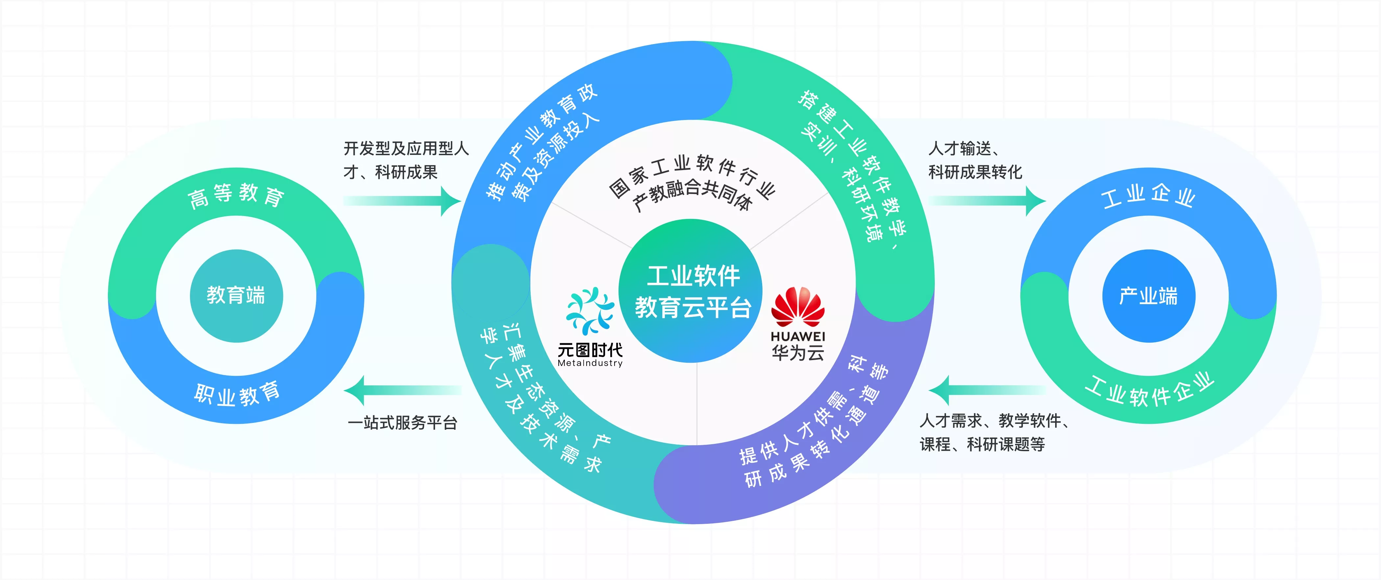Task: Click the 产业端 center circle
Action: (x=1148, y=295)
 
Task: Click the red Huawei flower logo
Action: (x=798, y=307)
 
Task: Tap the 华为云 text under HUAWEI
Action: (x=798, y=353)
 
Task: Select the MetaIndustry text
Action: (x=590, y=363)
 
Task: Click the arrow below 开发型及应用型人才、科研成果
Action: (x=402, y=201)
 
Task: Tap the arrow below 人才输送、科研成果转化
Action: (x=986, y=201)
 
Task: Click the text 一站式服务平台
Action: (x=402, y=423)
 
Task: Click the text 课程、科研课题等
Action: (x=982, y=445)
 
